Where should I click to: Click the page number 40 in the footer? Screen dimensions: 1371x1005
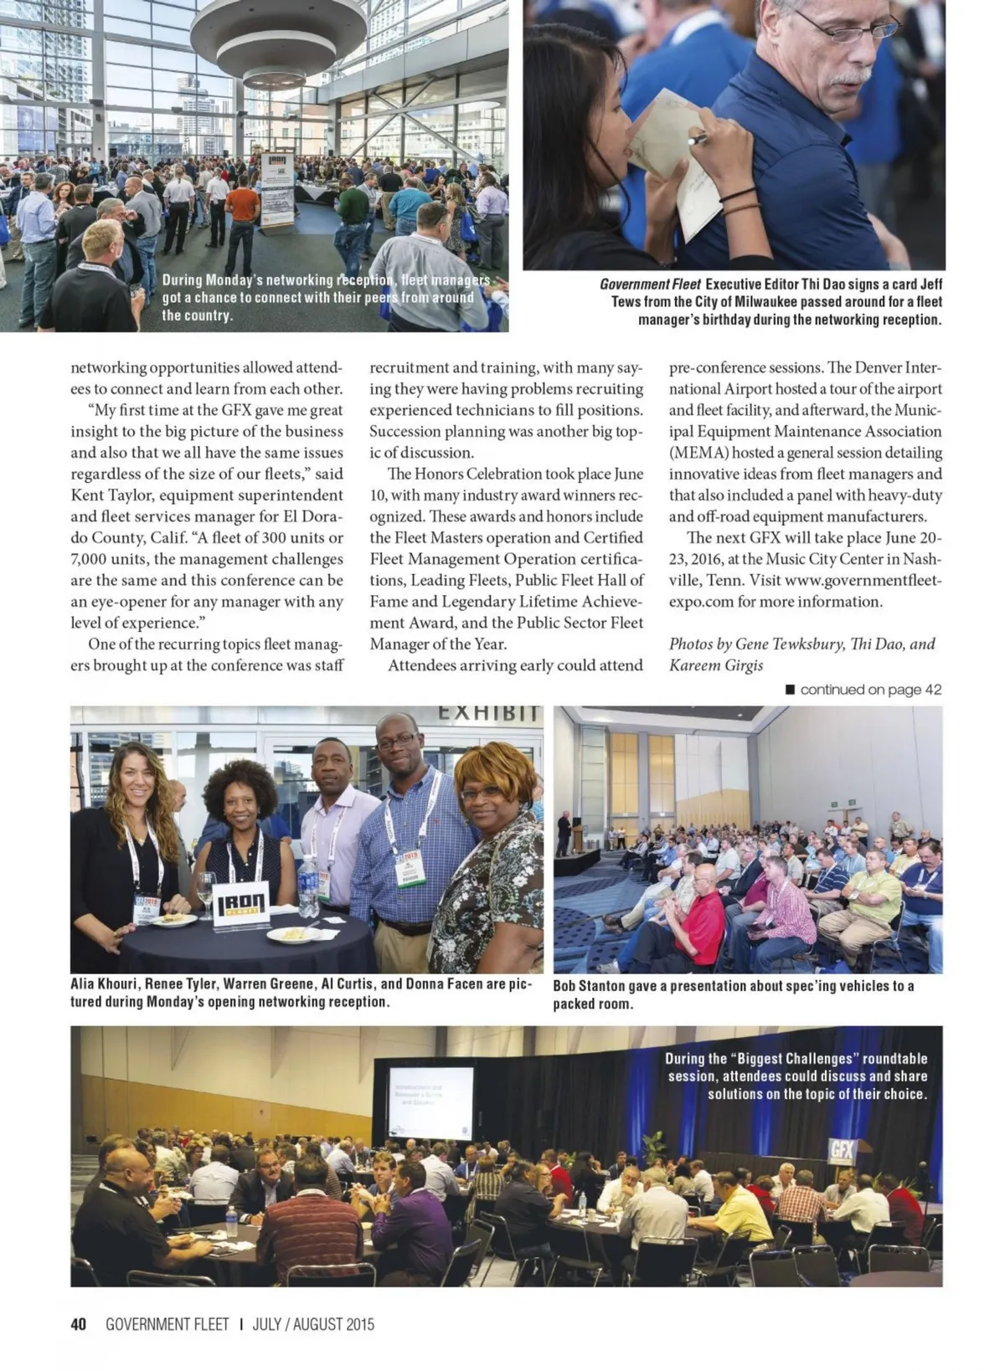coord(79,1324)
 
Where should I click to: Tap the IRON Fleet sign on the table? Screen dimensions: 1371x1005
coord(241,904)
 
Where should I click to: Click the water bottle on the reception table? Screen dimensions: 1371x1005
coord(308,887)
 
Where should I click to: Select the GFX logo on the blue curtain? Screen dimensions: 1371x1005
coord(842,1150)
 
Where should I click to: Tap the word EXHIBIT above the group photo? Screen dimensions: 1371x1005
coord(488,714)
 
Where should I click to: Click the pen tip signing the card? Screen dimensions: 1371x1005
coord(692,141)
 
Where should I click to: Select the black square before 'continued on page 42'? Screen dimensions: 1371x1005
coord(790,690)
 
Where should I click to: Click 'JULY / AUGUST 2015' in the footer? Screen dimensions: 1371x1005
coord(313,1324)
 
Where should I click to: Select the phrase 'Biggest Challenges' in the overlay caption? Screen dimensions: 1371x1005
coord(798,1058)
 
